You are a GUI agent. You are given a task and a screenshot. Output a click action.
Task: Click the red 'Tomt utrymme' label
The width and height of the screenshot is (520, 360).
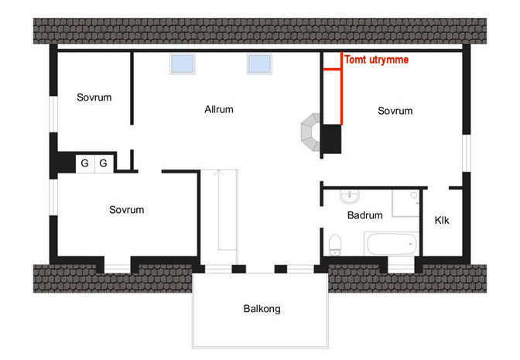376,60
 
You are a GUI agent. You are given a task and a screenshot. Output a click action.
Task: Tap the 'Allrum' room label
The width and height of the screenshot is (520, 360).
219,109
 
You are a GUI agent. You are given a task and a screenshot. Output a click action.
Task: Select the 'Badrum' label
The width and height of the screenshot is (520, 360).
364,215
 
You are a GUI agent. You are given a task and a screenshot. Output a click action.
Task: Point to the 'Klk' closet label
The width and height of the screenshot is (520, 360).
442,220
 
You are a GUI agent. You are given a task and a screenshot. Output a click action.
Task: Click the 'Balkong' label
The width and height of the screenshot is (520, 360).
262,309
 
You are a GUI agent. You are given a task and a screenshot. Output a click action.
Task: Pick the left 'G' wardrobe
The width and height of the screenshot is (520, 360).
85,163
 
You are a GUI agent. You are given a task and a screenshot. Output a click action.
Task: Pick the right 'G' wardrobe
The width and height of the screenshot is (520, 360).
104,163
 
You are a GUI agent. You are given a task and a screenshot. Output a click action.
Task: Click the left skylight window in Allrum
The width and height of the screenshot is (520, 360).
182,63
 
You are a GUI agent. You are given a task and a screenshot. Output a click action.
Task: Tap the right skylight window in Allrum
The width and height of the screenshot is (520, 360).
260,63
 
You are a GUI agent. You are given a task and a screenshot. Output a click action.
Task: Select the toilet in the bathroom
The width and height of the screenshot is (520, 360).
335,245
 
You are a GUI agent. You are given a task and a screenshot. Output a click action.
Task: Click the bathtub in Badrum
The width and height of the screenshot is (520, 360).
392,244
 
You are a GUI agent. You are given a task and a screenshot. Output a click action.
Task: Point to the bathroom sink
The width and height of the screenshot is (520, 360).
350,197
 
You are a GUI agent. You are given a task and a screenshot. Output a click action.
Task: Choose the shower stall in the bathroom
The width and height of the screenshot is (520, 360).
406,203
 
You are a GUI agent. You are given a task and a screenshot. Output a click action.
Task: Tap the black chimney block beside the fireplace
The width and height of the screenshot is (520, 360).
332,139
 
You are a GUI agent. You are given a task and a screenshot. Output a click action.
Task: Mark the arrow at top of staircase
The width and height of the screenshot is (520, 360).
218,172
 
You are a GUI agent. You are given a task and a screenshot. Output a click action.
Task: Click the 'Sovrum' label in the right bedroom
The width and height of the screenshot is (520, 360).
395,111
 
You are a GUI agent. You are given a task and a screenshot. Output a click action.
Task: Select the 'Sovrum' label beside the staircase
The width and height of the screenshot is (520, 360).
127,210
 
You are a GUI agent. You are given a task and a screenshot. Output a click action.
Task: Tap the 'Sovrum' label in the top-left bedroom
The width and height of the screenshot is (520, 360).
94,98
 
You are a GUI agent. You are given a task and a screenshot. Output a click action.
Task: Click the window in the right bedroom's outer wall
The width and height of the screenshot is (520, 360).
467,153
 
